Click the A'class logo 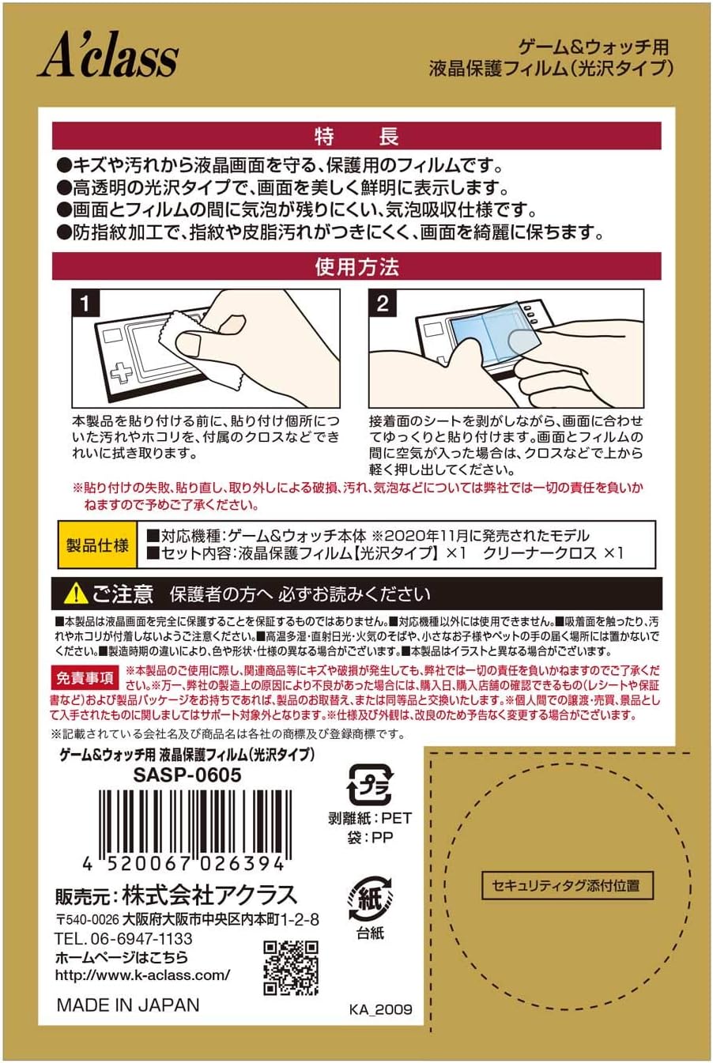(x=108, y=58)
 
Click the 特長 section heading (x=356, y=137)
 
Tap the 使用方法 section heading (x=356, y=267)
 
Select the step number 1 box (x=86, y=303)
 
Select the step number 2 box (x=383, y=303)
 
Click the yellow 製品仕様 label (x=97, y=545)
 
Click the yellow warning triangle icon (x=75, y=594)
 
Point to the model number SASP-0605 (x=187, y=775)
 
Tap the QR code (x=291, y=968)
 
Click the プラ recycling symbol (x=370, y=785)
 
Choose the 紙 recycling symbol (x=370, y=899)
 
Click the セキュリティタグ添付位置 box (x=567, y=885)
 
